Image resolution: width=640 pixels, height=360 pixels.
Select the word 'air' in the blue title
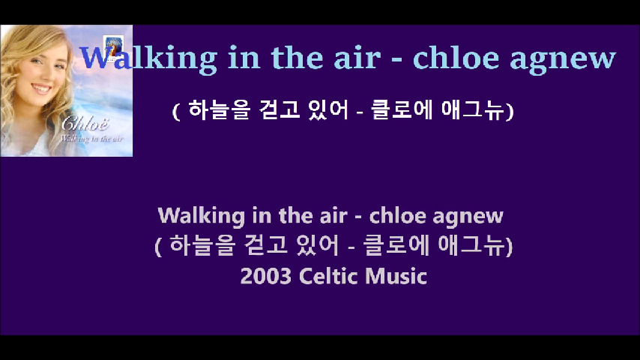[357, 58]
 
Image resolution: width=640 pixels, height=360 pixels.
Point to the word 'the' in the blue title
[298, 58]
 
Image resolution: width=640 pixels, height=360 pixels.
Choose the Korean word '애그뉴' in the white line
[473, 110]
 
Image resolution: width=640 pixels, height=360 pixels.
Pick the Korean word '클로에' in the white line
[402, 110]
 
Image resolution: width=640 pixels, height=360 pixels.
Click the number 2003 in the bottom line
[266, 276]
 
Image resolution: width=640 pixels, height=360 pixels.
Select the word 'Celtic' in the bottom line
[328, 276]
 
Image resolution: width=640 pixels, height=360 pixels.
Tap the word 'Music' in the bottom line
[396, 276]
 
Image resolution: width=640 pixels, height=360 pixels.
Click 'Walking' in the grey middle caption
[202, 216]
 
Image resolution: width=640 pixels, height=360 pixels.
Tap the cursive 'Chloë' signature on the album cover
[85, 122]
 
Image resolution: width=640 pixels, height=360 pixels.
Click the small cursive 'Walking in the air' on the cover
[91, 139]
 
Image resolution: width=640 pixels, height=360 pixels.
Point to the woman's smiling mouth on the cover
[42, 88]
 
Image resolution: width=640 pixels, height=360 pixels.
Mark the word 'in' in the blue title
[244, 58]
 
